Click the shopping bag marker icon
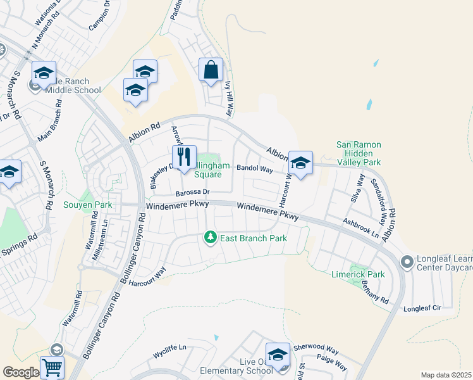(x=211, y=70)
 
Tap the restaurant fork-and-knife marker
(x=184, y=157)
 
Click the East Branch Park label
(x=253, y=238)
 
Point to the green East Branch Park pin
(x=210, y=238)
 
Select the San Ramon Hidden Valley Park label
(x=359, y=153)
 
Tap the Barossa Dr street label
(x=192, y=192)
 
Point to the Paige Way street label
(x=332, y=362)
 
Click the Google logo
(x=20, y=372)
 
